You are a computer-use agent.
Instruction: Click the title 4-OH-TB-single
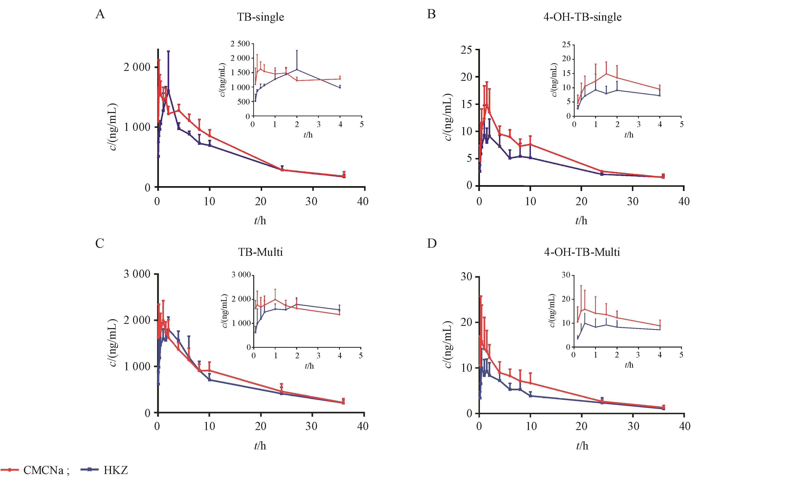click(583, 17)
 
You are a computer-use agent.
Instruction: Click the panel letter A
click(100, 14)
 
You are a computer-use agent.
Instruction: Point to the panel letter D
click(432, 243)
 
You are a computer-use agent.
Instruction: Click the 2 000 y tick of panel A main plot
click(137, 67)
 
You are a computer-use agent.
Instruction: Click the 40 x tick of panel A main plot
click(363, 202)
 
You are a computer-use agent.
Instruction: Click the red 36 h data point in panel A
click(344, 176)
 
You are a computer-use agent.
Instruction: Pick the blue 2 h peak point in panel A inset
click(297, 69)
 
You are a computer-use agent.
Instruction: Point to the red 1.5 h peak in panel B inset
click(606, 74)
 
